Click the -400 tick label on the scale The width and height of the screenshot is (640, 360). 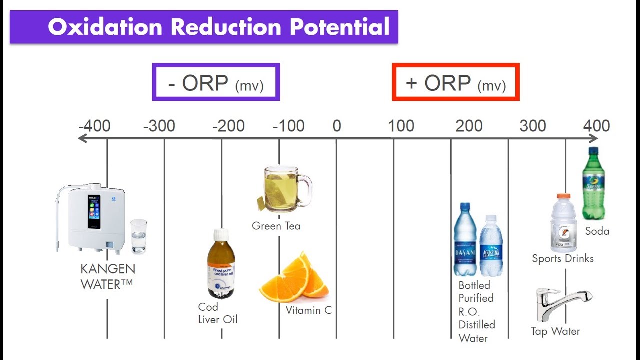[x=94, y=126]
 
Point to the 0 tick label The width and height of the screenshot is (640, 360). [x=336, y=126]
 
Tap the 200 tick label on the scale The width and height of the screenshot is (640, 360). [x=469, y=126]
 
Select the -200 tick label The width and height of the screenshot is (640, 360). [x=228, y=126]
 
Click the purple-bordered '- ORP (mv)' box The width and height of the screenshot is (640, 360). [x=216, y=82]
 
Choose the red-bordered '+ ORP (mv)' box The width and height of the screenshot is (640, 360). [x=456, y=82]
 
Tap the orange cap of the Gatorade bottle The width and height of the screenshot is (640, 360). [x=563, y=197]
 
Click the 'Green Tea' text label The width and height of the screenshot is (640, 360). [x=276, y=226]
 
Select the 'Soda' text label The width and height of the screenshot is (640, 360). [x=597, y=231]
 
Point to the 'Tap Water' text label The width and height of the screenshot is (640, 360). [x=555, y=331]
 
